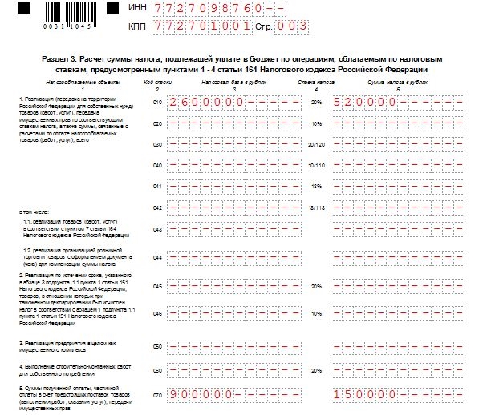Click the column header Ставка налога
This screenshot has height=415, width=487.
coord(316,82)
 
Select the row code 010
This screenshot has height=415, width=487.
coord(157,103)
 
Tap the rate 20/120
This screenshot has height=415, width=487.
coord(316,145)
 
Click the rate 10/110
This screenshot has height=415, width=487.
coord(316,166)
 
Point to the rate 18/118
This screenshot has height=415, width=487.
coord(316,207)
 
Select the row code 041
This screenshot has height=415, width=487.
coord(157,187)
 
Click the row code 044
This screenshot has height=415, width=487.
coord(157,257)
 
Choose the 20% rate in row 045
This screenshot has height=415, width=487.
coord(316,285)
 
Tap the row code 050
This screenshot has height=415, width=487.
coord(157,347)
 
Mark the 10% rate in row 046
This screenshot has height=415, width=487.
coord(316,313)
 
